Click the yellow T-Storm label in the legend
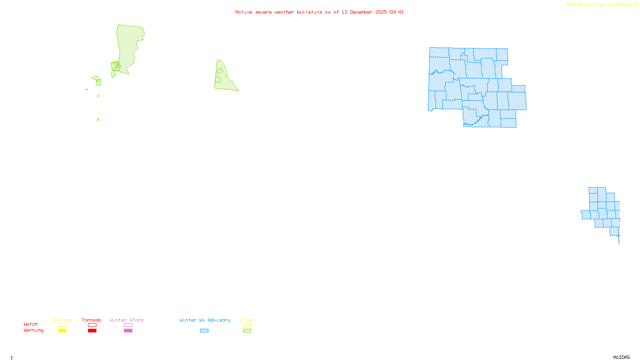click(x=62, y=320)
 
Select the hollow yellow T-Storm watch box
click(x=62, y=325)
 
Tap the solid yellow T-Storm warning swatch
click(x=62, y=331)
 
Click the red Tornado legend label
click(x=92, y=320)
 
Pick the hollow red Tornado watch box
click(x=92, y=325)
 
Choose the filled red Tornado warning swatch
click(x=92, y=331)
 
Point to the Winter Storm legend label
click(x=126, y=320)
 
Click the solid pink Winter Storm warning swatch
click(x=128, y=331)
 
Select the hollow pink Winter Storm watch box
click(x=128, y=325)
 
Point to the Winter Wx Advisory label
click(x=205, y=320)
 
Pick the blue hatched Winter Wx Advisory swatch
click(x=204, y=331)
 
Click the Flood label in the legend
click(x=247, y=320)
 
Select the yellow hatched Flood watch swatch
click(x=247, y=325)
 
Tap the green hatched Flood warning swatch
click(x=247, y=331)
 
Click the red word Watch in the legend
click(x=31, y=324)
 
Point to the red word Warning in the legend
click(x=34, y=330)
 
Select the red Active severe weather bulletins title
click(x=319, y=12)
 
